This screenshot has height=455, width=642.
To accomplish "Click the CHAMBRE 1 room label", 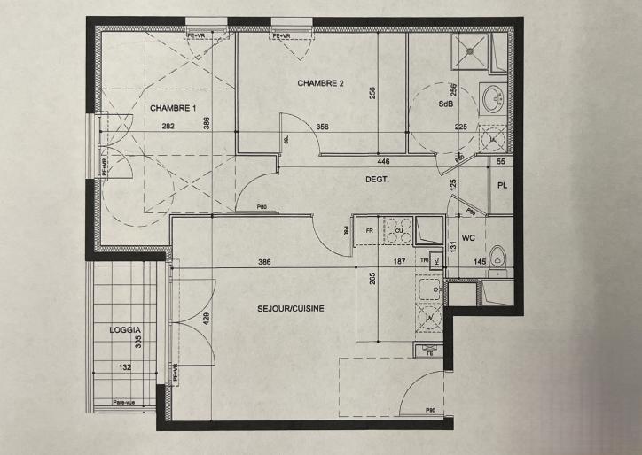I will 173,108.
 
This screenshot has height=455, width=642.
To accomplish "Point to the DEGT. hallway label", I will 379,179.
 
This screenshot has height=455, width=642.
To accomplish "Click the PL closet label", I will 502,186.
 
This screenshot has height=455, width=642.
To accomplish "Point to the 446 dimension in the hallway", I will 383,162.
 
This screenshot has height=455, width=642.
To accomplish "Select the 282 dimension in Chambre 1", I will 168,127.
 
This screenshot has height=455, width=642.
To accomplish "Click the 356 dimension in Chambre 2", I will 323,127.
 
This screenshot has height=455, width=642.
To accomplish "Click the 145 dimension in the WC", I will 480,261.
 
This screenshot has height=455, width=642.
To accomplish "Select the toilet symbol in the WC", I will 499,256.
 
